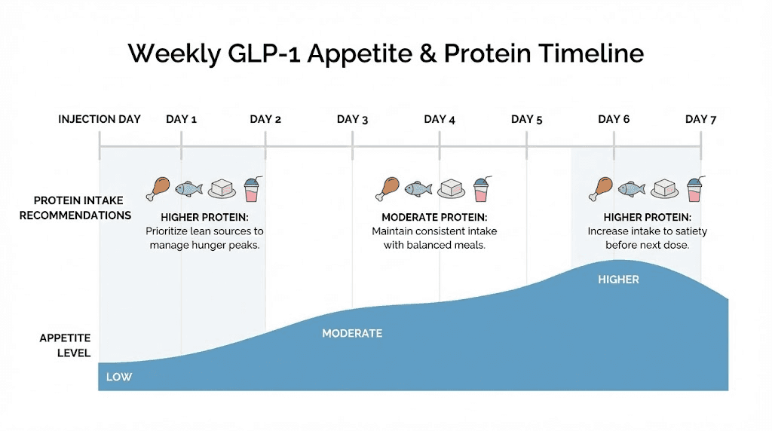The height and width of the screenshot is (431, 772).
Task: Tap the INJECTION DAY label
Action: pos(100,119)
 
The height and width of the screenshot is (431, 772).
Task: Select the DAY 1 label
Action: pos(181,119)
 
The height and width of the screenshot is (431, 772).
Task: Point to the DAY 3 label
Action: pos(352,119)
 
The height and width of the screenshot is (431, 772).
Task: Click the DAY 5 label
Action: pos(527,119)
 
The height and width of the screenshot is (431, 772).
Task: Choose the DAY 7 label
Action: pos(700,119)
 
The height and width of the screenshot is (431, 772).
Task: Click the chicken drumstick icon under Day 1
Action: pos(159,188)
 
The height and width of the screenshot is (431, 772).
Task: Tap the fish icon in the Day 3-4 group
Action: pos(417,188)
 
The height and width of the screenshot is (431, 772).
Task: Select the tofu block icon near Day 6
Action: pos(664,188)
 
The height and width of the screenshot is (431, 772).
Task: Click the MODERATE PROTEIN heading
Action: pos(434,218)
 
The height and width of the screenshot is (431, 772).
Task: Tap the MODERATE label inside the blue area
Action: pos(352,333)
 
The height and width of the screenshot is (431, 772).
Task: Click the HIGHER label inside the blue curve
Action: pos(618,280)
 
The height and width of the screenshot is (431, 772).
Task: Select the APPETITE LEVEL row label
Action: pos(65,345)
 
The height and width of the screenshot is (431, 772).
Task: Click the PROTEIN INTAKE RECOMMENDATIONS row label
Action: pos(75,208)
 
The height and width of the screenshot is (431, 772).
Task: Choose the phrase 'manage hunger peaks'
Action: pos(204,245)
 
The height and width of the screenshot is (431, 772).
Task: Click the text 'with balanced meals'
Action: pos(434,245)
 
